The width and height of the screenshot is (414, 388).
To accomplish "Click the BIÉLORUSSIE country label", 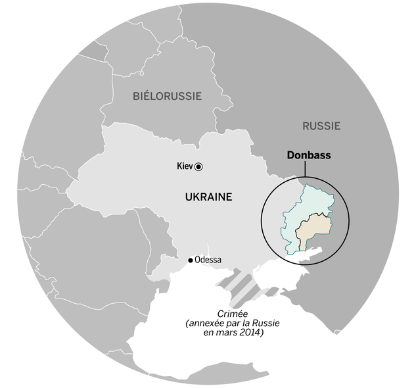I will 167,96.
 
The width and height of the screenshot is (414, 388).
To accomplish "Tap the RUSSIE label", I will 321,126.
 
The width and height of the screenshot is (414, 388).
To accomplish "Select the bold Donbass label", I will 308,156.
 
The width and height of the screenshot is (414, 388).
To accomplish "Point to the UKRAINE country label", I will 208,197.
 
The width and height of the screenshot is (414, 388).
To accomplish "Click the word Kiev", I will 185,166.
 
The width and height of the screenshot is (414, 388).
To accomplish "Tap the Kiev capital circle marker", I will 198,167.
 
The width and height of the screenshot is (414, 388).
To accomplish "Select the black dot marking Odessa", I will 191,260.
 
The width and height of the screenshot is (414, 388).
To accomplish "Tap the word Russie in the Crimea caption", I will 262,324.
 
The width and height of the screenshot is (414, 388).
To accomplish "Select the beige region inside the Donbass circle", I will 313,230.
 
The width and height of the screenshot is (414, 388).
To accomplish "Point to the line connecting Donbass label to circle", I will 305,169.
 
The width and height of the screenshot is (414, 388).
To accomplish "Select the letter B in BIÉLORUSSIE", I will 136,96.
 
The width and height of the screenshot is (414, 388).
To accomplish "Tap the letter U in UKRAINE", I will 189,197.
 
